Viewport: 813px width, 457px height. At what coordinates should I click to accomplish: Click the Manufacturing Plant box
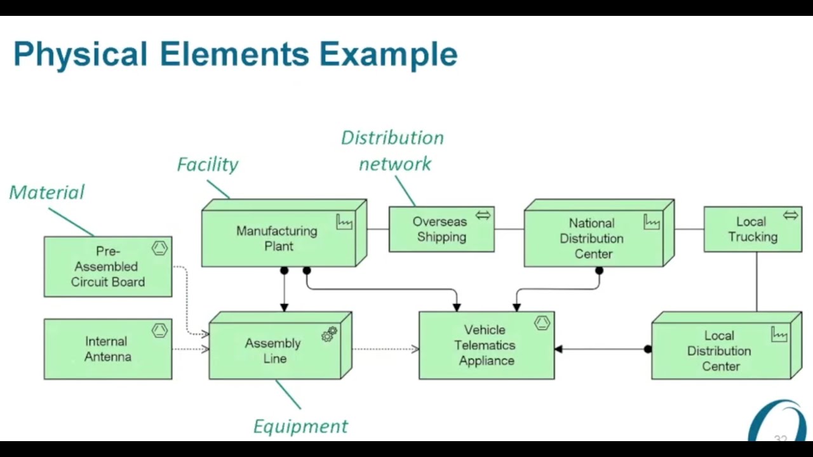(278, 238)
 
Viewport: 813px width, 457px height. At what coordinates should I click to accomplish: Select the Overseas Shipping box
(441, 229)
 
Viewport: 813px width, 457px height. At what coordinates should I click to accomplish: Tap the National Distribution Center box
(592, 239)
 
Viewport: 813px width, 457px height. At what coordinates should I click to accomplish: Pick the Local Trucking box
(753, 229)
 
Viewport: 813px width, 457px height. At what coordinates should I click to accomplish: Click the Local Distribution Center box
(720, 351)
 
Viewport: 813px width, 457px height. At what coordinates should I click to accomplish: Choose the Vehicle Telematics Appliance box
(486, 345)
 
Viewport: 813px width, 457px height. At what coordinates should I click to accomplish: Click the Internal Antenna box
(108, 349)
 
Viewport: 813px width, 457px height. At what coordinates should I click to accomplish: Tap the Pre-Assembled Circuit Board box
(108, 267)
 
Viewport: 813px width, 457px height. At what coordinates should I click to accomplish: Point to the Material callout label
(47, 192)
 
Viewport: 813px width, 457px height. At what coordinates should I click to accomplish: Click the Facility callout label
(208, 164)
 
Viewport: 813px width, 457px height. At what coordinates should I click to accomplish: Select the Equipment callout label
(300, 426)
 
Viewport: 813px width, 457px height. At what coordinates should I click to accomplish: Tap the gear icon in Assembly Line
(329, 334)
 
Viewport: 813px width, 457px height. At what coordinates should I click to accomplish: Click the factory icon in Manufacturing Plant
(344, 222)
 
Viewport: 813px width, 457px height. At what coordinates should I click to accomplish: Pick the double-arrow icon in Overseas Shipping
(483, 216)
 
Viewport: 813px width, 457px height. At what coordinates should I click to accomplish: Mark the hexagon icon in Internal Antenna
(159, 330)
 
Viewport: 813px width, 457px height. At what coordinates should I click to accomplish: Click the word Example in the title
(388, 54)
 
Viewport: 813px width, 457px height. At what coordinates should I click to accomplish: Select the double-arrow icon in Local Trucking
(790, 216)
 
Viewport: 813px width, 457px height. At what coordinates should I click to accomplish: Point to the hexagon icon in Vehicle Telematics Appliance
(542, 323)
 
